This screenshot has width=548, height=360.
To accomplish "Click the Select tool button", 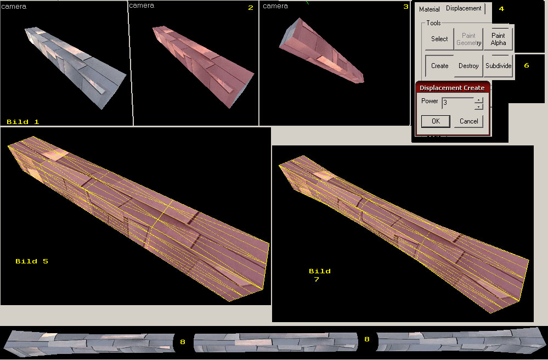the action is (439, 39).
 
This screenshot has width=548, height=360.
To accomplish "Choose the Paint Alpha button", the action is (498, 39).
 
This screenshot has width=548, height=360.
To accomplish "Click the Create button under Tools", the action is (439, 66).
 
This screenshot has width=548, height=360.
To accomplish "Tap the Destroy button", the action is (468, 66).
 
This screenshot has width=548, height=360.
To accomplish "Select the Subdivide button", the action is (499, 66).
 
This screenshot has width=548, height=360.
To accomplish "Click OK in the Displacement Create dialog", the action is (436, 121).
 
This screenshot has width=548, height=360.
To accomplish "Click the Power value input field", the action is (458, 103).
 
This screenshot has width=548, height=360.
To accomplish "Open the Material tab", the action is (429, 9).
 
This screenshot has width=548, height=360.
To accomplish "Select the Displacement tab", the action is (464, 8).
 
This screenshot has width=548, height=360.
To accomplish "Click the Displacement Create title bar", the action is (452, 88).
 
